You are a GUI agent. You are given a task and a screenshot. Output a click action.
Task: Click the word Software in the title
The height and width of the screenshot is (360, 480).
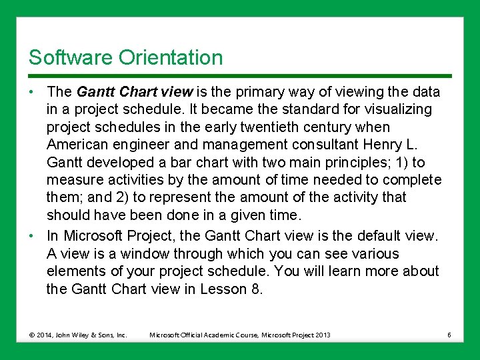point(71,58)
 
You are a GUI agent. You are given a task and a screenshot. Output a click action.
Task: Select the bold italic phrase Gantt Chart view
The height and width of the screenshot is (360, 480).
point(135,91)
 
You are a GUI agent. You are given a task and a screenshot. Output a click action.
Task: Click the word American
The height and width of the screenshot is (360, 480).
point(77,145)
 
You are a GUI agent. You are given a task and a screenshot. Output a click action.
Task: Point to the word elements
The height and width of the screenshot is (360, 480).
point(74,271)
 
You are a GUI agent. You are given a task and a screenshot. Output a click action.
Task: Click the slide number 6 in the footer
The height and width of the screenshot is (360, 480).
point(449,335)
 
